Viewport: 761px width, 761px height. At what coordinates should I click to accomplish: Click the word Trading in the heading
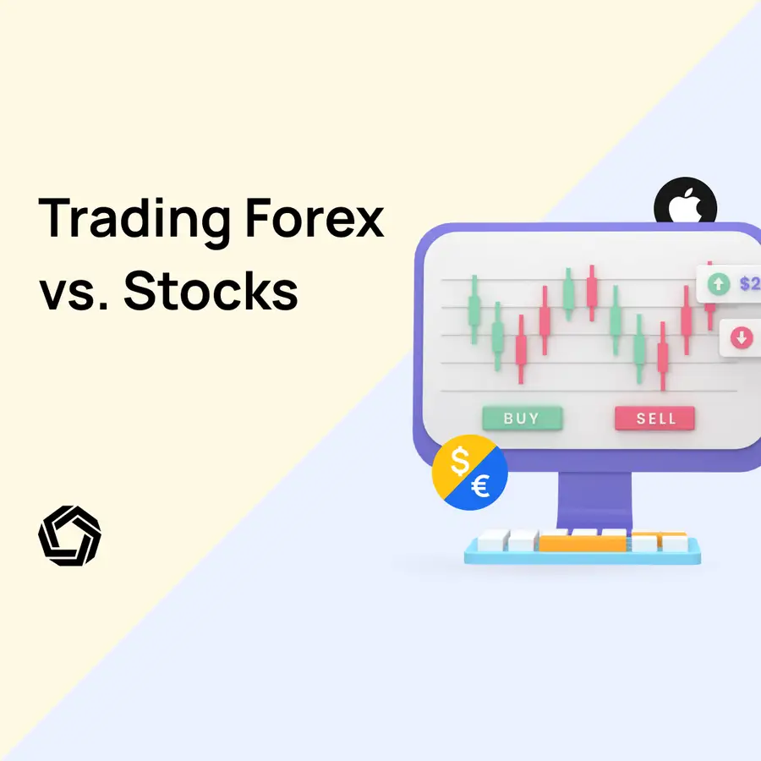pos(134,217)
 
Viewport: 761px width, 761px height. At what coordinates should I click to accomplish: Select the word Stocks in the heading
pos(211,292)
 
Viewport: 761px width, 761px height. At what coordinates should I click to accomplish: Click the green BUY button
pos(522,418)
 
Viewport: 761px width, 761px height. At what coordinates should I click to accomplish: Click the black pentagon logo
pos(69,535)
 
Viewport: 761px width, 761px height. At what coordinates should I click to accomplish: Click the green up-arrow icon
pos(719,284)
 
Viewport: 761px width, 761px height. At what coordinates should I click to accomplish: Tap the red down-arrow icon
pos(742,338)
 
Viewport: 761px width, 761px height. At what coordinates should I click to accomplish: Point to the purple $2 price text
pos(749,284)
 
